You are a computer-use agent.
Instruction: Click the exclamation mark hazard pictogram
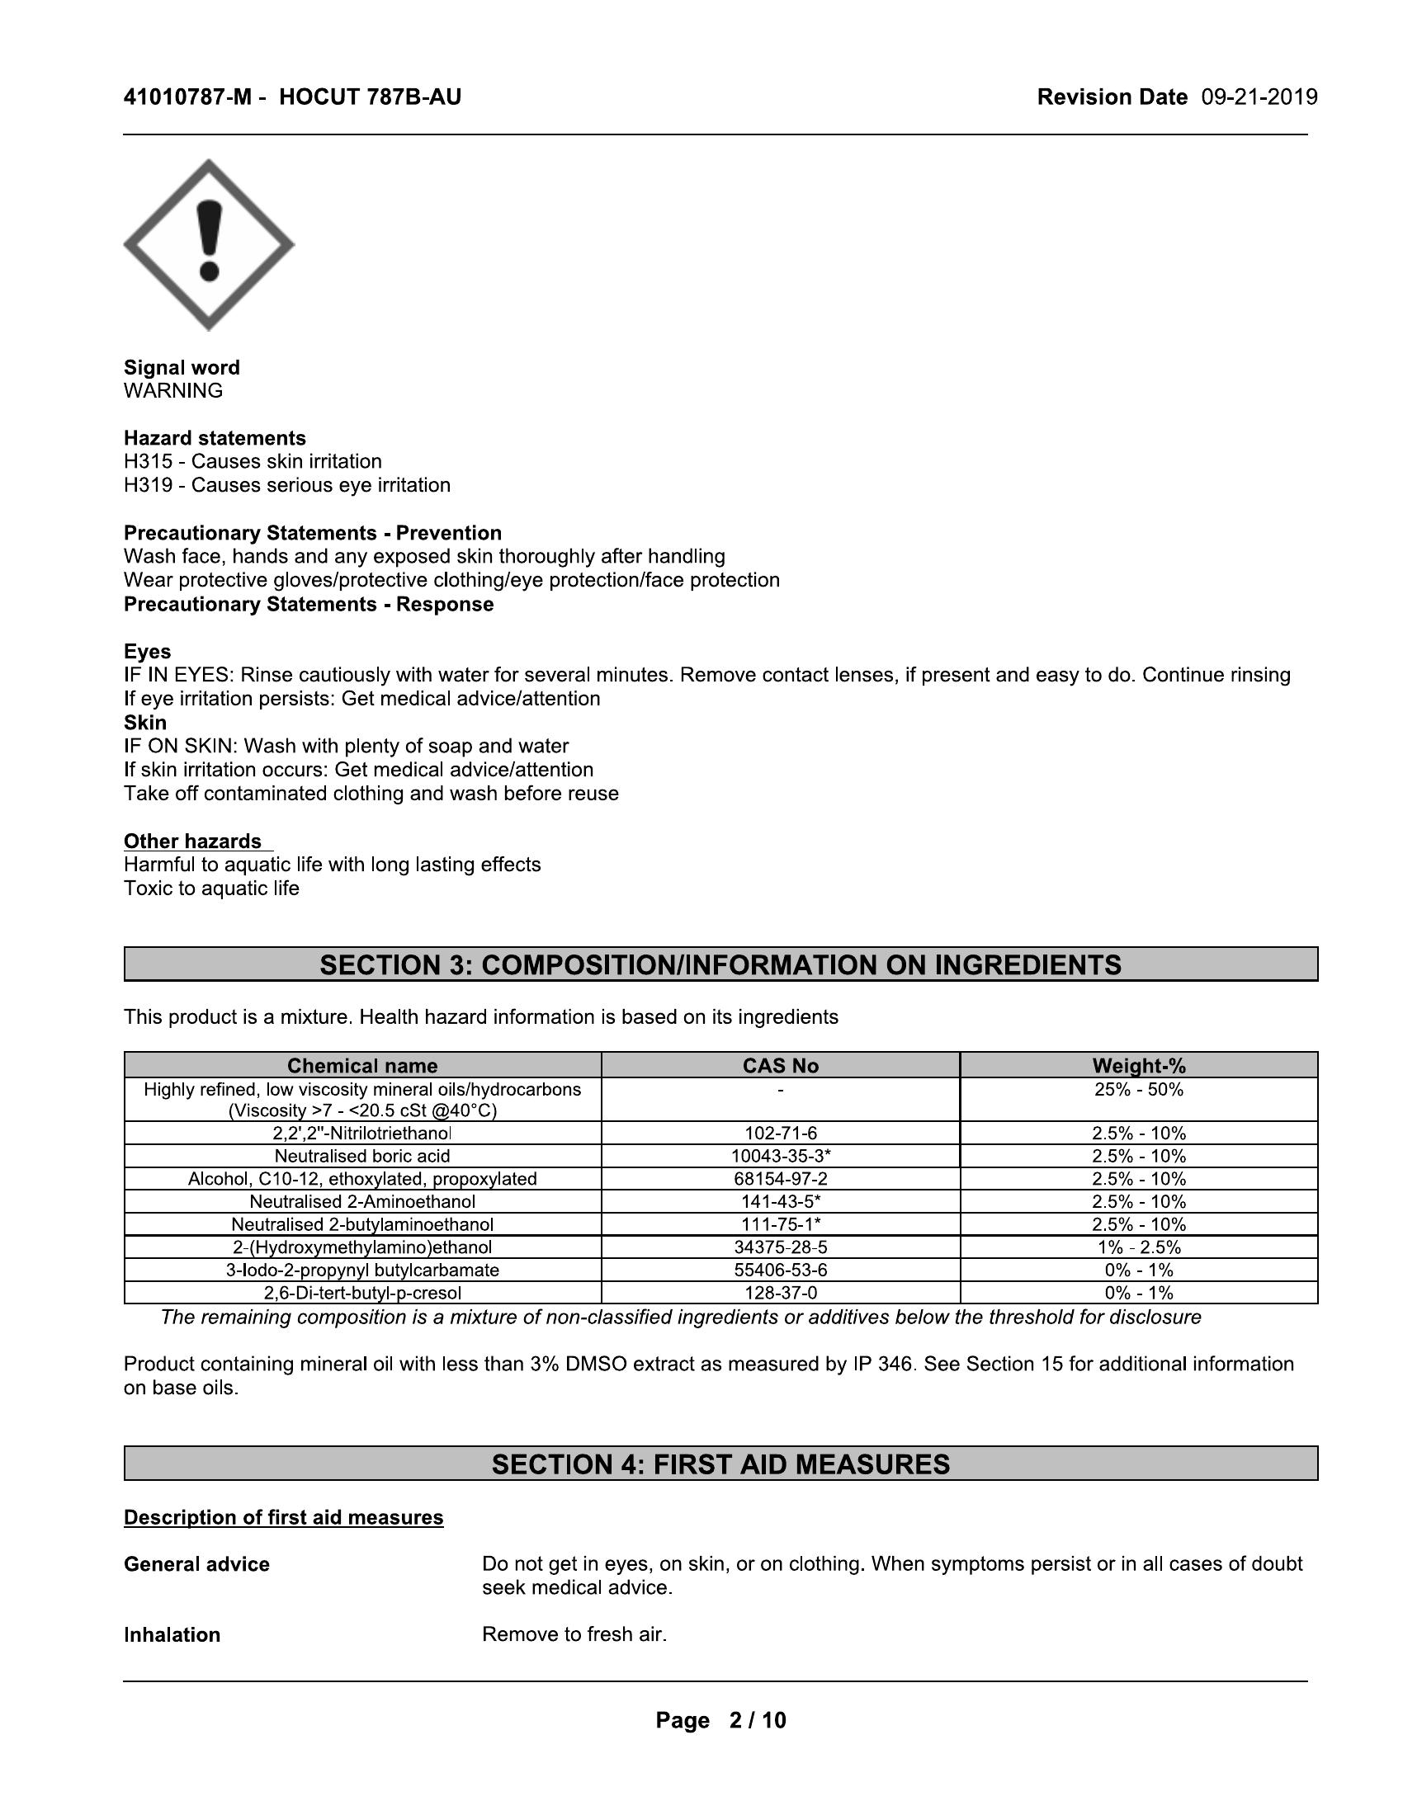pyautogui.click(x=209, y=245)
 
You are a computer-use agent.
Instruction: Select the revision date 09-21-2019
pyautogui.click(x=1259, y=97)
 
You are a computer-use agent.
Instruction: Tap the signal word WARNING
pyautogui.click(x=172, y=390)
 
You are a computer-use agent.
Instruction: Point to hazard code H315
pyautogui.click(x=148, y=461)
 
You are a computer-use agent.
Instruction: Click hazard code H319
pyautogui.click(x=148, y=485)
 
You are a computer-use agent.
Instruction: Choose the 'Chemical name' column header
pyautogui.click(x=362, y=1065)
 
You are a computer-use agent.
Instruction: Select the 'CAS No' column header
pyautogui.click(x=781, y=1065)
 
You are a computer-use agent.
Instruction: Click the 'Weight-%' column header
pyautogui.click(x=1139, y=1065)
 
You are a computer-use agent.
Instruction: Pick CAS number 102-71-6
pyautogui.click(x=781, y=1134)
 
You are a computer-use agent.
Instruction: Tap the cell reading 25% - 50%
pyautogui.click(x=1139, y=1090)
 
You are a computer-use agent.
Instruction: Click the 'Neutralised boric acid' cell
pyautogui.click(x=362, y=1156)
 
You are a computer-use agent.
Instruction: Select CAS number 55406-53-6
pyautogui.click(x=781, y=1270)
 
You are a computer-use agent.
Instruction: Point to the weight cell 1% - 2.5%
pyautogui.click(x=1139, y=1247)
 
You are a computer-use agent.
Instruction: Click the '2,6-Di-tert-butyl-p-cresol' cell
pyautogui.click(x=362, y=1293)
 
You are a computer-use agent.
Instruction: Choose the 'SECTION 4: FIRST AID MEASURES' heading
pyautogui.click(x=720, y=1464)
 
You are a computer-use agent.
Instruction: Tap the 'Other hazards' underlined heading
pyautogui.click(x=193, y=841)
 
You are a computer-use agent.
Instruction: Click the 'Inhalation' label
pyautogui.click(x=172, y=1634)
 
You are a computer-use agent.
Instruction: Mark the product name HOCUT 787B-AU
pyautogui.click(x=370, y=97)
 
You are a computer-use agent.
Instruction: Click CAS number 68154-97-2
pyautogui.click(x=781, y=1179)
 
